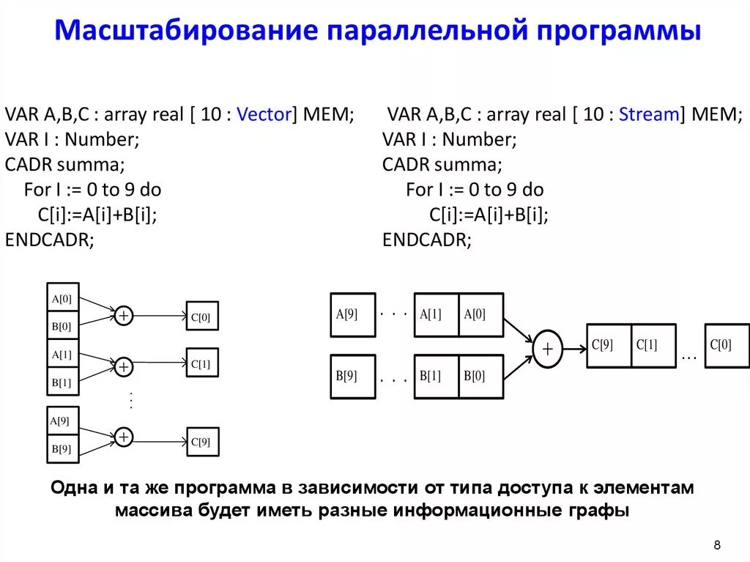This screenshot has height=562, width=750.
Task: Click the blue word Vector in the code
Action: [x=264, y=115]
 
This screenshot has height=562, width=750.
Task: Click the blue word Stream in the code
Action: [x=648, y=115]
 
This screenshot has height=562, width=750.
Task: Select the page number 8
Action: [x=717, y=544]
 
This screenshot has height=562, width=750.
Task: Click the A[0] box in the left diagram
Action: [x=62, y=298]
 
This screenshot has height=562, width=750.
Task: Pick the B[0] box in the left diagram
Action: [x=62, y=325]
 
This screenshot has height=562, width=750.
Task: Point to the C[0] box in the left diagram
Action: [x=202, y=317]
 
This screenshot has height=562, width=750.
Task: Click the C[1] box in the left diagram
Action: [x=202, y=363]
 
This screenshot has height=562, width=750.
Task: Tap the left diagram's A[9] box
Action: [x=62, y=421]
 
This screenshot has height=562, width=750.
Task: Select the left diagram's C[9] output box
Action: [x=202, y=441]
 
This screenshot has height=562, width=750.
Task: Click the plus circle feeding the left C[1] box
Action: [x=125, y=366]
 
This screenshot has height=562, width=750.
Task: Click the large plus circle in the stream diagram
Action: [x=547, y=349]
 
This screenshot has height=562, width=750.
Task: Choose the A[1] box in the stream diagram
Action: [x=437, y=315]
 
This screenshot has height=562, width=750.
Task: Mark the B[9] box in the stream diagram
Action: [x=352, y=377]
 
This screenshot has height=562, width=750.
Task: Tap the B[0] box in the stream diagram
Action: [x=481, y=377]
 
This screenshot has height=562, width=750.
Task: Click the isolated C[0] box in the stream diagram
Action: [x=727, y=345]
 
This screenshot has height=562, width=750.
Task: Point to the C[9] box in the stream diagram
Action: [x=609, y=345]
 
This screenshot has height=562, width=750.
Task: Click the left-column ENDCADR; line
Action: [x=49, y=240]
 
